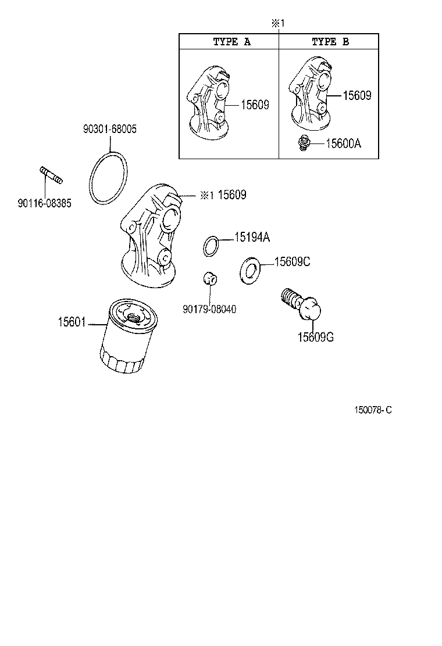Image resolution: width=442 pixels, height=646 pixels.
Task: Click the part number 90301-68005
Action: [109, 129]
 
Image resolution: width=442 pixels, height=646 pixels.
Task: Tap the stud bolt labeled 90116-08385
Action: [51, 175]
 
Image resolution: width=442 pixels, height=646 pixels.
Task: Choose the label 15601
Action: [71, 321]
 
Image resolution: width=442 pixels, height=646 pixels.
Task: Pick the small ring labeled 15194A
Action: [212, 246]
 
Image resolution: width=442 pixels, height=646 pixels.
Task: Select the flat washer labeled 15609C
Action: [251, 271]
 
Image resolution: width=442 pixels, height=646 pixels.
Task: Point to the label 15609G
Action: [315, 338]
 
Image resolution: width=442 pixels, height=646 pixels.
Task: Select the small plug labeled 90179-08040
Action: [210, 279]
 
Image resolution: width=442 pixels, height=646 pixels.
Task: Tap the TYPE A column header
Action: [231, 42]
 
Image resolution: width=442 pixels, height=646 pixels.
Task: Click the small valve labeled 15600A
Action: [303, 143]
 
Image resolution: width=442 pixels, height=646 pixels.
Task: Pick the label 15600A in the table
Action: [343, 143]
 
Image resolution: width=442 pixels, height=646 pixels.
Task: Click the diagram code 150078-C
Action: [373, 410]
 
